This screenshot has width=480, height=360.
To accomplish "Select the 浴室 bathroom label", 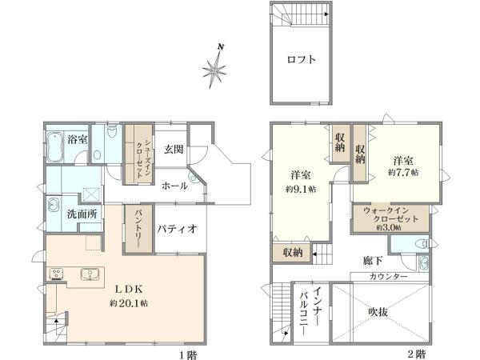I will [78, 140].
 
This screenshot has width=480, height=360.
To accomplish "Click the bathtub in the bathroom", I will [54, 148].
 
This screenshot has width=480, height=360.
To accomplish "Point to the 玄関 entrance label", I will [174, 148].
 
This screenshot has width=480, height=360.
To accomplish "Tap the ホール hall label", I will [174, 186].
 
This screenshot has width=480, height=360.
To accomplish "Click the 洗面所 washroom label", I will [82, 214].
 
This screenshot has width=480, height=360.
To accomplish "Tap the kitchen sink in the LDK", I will [88, 274].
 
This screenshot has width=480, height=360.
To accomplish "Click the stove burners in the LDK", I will [58, 274].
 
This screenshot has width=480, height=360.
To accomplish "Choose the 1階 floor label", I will [189, 352].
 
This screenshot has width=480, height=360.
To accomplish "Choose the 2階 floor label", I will [415, 352].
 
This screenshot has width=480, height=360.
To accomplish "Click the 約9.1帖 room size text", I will [301, 189].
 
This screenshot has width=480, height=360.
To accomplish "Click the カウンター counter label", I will [389, 276].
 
